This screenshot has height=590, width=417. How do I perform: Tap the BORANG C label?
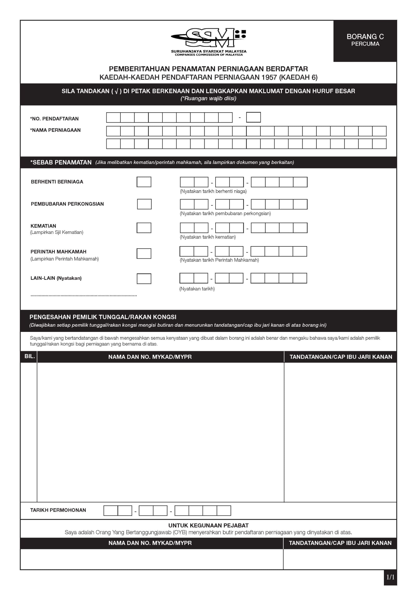365,37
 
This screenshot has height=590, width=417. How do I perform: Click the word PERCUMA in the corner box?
365,44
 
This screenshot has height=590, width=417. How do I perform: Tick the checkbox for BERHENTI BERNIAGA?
144,182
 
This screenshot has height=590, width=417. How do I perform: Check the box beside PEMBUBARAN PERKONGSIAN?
144,204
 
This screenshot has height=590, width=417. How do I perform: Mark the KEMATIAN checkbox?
144,228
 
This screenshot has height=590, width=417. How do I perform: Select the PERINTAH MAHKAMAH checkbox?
144,253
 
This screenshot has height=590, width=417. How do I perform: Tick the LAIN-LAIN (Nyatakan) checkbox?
144,278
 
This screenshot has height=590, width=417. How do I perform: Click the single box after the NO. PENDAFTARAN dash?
253,117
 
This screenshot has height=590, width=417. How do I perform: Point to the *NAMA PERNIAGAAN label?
55,130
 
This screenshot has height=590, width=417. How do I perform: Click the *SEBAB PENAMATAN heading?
61,162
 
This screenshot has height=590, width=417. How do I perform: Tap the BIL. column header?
29,356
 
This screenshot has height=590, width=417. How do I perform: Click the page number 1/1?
390,577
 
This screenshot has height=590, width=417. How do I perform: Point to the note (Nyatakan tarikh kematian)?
208,237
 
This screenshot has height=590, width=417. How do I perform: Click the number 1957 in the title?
269,77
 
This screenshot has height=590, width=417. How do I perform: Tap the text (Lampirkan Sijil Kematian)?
57,232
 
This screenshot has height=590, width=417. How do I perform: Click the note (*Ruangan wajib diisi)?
208,99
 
